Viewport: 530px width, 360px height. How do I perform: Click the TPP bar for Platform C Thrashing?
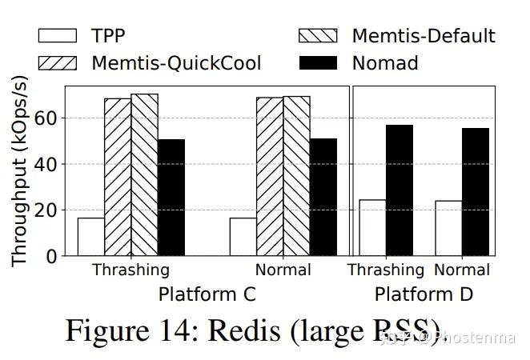point(90,237)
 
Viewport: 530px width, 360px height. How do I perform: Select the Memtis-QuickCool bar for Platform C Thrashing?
point(118,177)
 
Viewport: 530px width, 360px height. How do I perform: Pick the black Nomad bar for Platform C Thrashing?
point(171,198)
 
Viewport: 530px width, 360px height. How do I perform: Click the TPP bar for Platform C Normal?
point(243,237)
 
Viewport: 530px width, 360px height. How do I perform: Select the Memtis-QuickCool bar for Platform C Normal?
point(270,177)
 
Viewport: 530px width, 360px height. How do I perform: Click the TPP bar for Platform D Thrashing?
point(373,228)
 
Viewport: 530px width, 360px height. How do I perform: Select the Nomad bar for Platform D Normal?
point(474,192)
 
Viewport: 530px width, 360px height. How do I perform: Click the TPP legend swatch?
point(57,36)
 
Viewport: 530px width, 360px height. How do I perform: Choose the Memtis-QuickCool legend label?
point(176,62)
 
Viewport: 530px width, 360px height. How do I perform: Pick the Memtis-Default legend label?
point(424,36)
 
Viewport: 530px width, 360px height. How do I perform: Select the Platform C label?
point(207,294)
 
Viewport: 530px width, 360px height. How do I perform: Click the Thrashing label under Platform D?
point(385,270)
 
